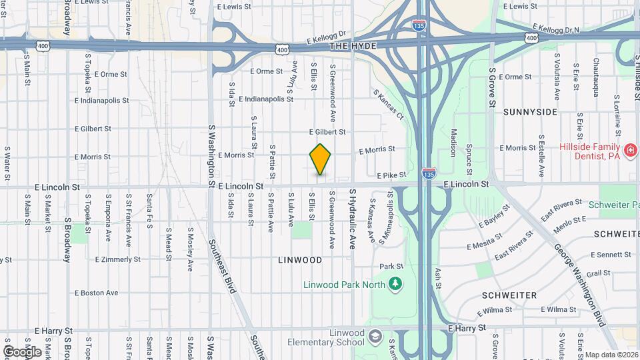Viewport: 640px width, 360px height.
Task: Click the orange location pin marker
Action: [x=321, y=159]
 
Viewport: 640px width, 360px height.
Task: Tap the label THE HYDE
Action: [x=353, y=45]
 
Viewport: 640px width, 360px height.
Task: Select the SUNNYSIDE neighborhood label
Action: [x=530, y=112]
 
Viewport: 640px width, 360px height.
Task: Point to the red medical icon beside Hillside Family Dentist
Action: [x=628, y=148]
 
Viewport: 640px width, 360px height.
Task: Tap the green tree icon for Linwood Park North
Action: [x=396, y=284]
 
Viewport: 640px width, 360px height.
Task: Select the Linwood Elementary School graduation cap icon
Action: [x=375, y=335]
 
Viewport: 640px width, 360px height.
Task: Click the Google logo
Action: [x=22, y=351]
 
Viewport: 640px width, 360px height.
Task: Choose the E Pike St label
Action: [x=391, y=175]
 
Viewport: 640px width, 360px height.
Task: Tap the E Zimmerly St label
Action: [x=118, y=259]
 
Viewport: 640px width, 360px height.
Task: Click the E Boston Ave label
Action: [x=97, y=292]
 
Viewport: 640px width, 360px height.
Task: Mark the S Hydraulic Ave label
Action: [x=353, y=219]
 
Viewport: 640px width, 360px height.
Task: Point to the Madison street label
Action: [x=453, y=142]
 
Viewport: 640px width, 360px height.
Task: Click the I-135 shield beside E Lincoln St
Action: [x=429, y=173]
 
